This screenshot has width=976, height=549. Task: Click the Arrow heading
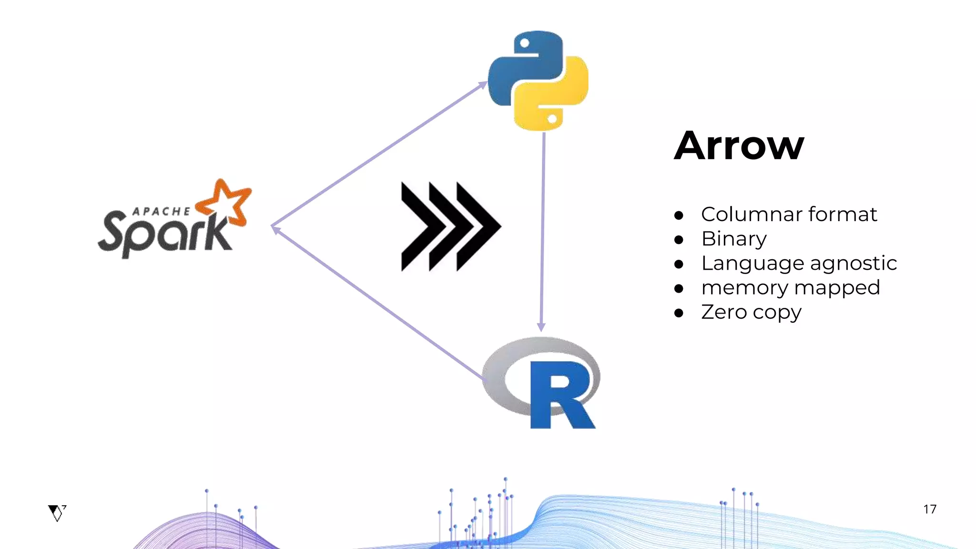tap(739, 146)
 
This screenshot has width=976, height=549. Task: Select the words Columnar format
tap(789, 214)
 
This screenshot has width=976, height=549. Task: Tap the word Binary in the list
tap(734, 239)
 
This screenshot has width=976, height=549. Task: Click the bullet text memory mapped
tap(790, 288)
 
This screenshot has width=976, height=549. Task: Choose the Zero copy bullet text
tap(751, 313)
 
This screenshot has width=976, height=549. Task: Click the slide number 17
tap(929, 509)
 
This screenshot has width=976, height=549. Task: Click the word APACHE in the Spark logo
tap(161, 212)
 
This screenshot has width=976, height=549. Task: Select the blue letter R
tap(560, 396)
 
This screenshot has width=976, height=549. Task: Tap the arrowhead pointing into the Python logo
tap(482, 85)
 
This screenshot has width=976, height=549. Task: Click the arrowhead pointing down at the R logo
tap(541, 326)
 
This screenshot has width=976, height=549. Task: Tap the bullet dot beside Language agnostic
tap(679, 264)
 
